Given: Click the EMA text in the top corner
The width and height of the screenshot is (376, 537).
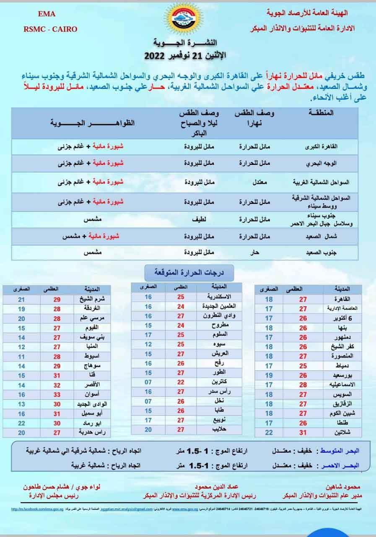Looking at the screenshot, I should coord(44,14).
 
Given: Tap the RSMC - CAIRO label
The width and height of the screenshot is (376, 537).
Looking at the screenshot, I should coord(50,29).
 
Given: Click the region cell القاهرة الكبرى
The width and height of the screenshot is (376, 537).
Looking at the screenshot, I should coord(329,147).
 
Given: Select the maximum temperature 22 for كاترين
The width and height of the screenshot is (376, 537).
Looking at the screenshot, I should coord(181,382).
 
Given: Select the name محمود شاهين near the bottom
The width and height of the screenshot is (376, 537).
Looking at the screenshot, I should coord(342,488).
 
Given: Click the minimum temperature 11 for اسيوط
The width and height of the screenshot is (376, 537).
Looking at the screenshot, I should coord(22,357).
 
